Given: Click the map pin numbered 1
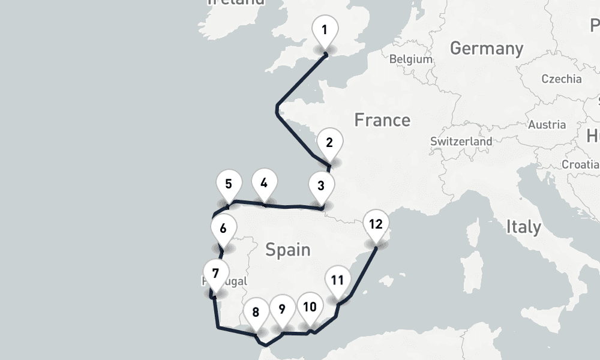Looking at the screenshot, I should point(325,30).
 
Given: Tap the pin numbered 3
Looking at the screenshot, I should point(321,185).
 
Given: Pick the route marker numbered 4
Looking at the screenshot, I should point(264,182).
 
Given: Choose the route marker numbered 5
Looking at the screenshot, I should point(229,184).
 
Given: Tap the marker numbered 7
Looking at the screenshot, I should point(215,274).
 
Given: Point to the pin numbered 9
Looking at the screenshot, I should point(281,309).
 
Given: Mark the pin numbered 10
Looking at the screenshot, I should point(310,307).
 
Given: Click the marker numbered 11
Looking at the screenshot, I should point(337,280).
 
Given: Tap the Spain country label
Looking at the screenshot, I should point(288,249).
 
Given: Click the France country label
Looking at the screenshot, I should point(382,120).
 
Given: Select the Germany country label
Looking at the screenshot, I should point(486,48).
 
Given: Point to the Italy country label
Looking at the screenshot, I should point(523,227).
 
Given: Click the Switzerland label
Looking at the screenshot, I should point(461,142).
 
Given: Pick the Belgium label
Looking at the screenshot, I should point(410,59).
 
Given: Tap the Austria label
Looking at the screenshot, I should point(547,125).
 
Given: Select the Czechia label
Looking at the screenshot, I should point(561,79).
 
